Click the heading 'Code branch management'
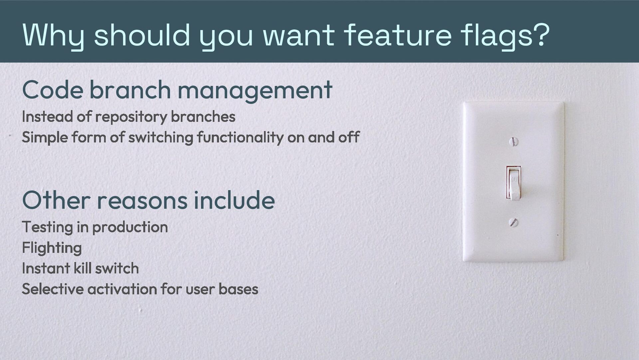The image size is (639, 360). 177,90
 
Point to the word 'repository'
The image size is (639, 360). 131,117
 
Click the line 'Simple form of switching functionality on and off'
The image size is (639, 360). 191,137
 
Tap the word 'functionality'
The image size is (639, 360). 240,137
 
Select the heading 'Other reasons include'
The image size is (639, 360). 148,200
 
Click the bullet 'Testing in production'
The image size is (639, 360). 95,227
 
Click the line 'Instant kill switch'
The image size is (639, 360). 80,268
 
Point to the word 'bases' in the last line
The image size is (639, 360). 238,289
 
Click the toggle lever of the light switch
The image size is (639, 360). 514,185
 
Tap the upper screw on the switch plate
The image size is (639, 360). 514,142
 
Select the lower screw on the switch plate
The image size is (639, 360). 514,222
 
